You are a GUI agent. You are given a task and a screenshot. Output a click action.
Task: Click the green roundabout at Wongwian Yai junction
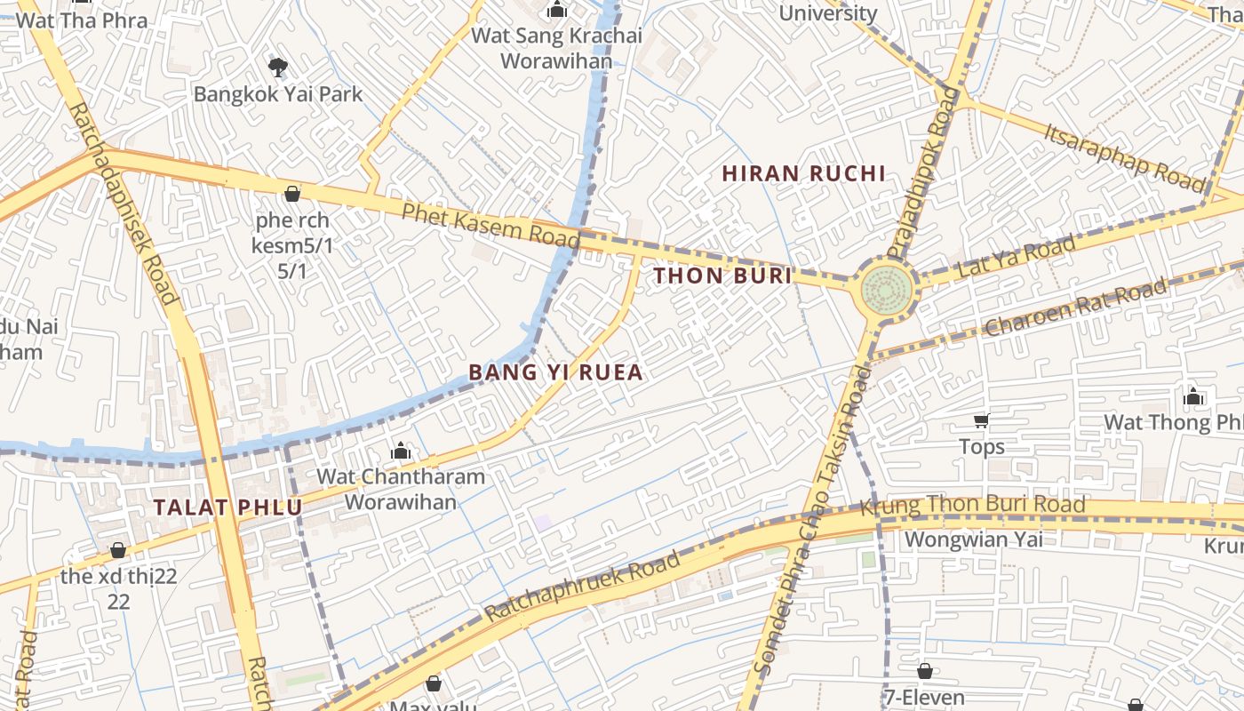pyautogui.click(x=885, y=287)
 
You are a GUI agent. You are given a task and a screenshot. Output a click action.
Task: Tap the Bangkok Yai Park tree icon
pyautogui.click(x=277, y=67)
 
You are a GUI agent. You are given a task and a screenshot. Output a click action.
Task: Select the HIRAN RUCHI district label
pyautogui.click(x=803, y=174)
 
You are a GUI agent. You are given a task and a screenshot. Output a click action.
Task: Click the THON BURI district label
pyautogui.click(x=722, y=276)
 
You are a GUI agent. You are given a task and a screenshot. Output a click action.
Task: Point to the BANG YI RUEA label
pyautogui.click(x=554, y=372)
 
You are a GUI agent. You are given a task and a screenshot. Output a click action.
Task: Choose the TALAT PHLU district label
pyautogui.click(x=227, y=507)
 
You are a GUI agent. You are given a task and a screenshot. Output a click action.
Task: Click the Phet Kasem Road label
pyautogui.click(x=490, y=224)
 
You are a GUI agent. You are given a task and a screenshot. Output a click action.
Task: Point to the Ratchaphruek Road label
pyautogui.click(x=582, y=587)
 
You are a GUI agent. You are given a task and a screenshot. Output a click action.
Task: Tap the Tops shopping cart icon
pyautogui.click(x=981, y=420)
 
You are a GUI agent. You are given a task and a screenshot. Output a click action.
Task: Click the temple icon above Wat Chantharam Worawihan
pyautogui.click(x=401, y=451)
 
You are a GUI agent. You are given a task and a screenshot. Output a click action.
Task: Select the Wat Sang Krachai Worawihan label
pyautogui.click(x=556, y=48)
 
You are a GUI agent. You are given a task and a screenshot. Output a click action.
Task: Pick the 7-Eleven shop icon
pyautogui.click(x=924, y=671)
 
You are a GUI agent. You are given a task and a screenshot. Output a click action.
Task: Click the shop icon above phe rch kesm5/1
pyautogui.click(x=291, y=193)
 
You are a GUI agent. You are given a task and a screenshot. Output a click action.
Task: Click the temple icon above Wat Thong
pyautogui.click(x=1193, y=396)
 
